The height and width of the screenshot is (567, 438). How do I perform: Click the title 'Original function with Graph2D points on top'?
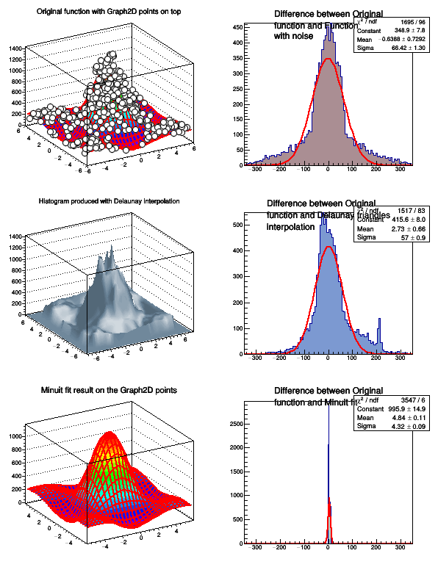point(109,11)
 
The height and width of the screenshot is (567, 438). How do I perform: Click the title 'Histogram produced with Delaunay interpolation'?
point(109,201)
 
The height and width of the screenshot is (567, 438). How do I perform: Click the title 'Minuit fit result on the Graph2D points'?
point(109,389)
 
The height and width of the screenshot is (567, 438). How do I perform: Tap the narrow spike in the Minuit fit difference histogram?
point(328,455)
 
